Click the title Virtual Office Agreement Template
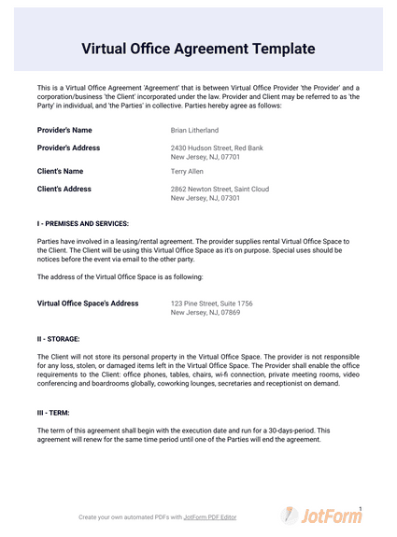point(198,48)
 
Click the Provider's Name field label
point(64,131)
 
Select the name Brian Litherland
point(195,131)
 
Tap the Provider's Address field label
point(68,148)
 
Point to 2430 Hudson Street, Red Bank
point(217,148)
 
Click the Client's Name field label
point(60,172)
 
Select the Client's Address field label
point(64,189)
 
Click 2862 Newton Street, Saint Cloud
point(220,189)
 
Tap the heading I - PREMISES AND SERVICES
point(83,224)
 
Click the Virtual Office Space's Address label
point(87,304)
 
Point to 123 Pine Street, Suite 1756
point(212,304)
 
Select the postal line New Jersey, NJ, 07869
point(206,313)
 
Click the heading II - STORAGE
point(58,339)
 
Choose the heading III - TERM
point(55,412)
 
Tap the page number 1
point(360,508)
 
